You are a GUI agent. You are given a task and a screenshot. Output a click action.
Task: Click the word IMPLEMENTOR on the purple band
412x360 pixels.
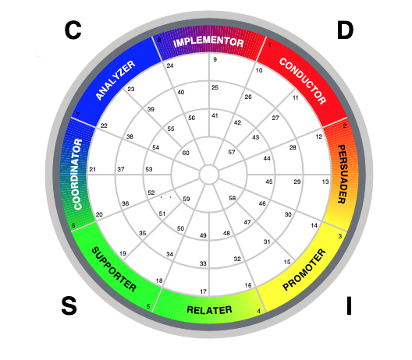coord(208,42)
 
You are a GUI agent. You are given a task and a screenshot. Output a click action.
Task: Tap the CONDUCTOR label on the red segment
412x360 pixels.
coord(303,81)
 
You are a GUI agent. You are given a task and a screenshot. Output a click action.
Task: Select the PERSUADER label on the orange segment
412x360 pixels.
coord(342,174)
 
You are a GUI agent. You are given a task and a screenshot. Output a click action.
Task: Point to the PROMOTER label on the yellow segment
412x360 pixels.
coord(304,270)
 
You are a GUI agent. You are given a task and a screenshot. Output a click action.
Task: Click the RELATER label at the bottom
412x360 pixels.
coord(209,310)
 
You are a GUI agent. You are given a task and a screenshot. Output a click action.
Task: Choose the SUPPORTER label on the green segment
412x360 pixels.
coord(114,269)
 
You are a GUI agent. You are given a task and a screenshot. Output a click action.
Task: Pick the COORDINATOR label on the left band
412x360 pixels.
coord(78,175)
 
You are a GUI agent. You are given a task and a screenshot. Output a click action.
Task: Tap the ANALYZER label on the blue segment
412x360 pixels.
coord(115,80)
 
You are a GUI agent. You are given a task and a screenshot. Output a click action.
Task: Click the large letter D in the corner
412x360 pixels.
coord(345,30)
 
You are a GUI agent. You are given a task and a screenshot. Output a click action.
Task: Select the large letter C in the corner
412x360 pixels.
coord(73,30)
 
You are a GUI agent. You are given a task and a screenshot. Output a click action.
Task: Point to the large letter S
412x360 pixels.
coord(69,305)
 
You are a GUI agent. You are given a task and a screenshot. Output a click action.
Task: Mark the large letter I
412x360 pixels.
coord(349,305)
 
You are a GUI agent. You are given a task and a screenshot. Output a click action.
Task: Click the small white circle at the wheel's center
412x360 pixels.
coord(209,175)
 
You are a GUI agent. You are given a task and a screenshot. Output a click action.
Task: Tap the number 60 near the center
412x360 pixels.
coord(186,153)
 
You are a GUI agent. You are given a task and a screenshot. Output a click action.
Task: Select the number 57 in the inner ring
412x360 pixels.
coord(232,152)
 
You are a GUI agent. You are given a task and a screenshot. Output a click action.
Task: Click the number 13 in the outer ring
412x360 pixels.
coord(325,182)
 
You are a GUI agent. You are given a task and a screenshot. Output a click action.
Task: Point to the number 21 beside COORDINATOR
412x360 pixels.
coord(93,169)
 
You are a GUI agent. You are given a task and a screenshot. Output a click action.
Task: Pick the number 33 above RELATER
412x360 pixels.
coord(203,263)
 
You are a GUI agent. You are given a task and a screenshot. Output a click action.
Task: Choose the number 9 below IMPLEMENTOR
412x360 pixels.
coord(215,59)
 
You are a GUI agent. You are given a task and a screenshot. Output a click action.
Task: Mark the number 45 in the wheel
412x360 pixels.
coord(268,182)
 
